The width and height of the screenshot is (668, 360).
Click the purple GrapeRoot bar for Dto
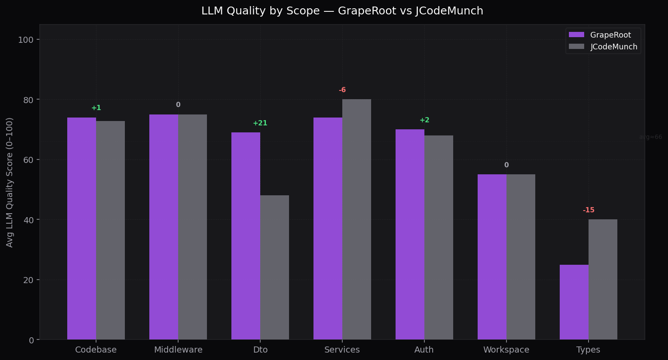coord(246,236)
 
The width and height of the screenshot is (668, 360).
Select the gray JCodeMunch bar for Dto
coord(275,267)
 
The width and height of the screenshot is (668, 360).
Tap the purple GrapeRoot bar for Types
coord(574,302)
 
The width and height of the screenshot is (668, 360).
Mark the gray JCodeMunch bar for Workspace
coord(521,257)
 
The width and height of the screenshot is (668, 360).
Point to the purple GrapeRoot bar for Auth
coord(410,234)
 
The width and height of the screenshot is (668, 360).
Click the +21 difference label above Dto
coord(260,123)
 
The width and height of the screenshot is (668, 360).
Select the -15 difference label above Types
coord(589,210)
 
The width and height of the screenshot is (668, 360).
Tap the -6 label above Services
coord(342,90)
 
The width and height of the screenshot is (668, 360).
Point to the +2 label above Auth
coord(424,120)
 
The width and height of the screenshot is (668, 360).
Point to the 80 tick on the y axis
coord(29,100)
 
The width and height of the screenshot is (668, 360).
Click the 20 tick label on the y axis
coord(29,280)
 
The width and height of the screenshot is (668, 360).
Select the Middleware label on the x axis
coord(178,350)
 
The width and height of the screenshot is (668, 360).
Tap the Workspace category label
coord(506,350)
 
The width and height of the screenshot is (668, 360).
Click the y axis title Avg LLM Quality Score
coord(10,182)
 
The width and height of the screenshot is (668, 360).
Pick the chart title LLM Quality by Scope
coord(342,11)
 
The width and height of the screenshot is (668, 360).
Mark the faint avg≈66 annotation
coord(650,137)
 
